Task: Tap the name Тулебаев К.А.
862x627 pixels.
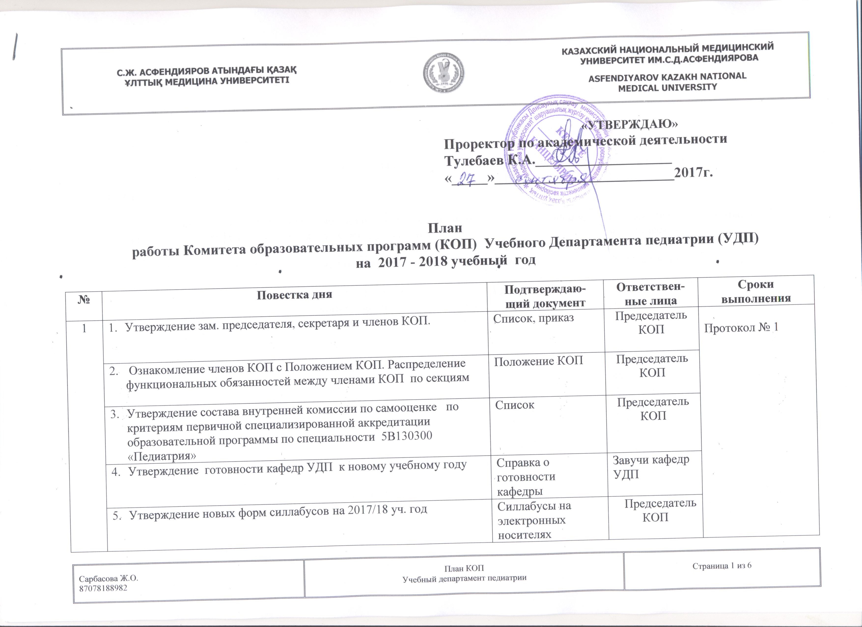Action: click(489, 160)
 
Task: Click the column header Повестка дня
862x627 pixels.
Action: click(294, 295)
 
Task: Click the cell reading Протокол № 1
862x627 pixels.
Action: click(741, 328)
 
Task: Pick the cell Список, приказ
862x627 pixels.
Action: click(533, 318)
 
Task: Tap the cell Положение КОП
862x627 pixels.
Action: click(538, 361)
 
